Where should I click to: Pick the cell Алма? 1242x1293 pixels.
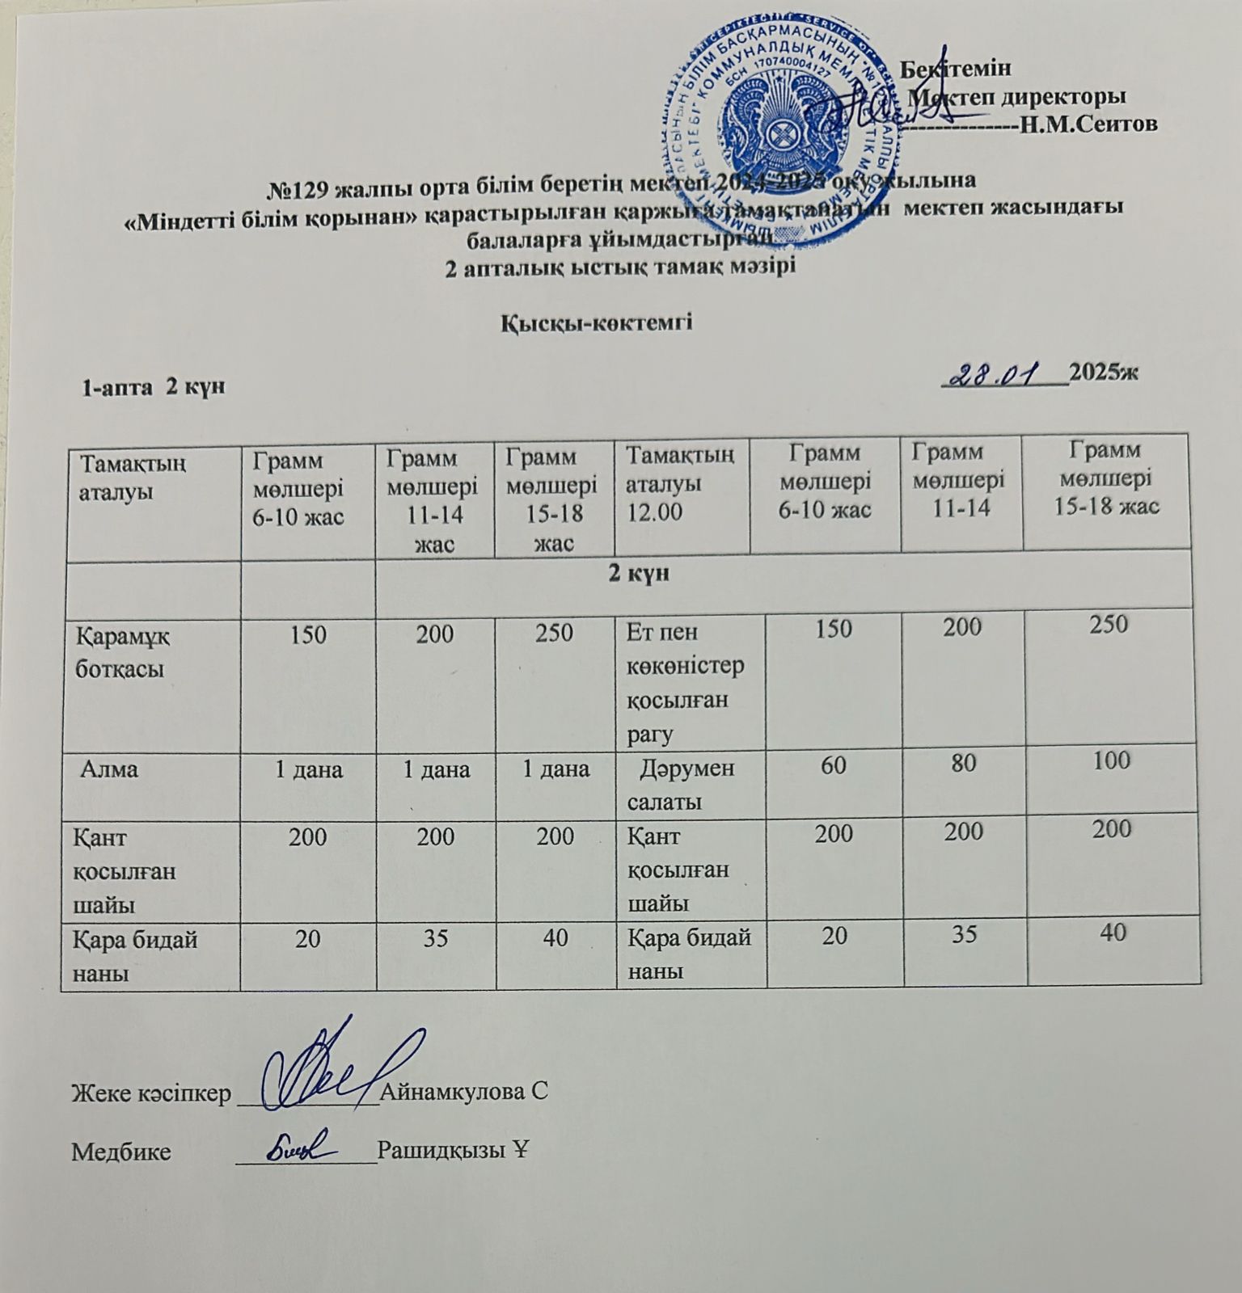(x=109, y=769)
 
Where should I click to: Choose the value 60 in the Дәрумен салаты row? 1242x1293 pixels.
(x=833, y=763)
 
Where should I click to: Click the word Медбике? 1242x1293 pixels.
(x=121, y=1151)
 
